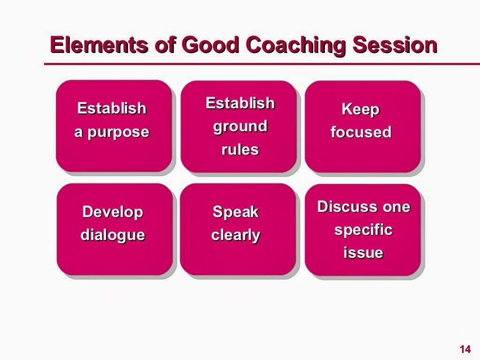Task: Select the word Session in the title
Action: coord(395,45)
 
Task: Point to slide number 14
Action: coord(465,349)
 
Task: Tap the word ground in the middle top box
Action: coord(240,126)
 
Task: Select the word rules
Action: coord(240,150)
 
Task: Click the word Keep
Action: coord(360,109)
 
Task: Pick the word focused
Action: coord(360,132)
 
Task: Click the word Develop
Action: coord(112,212)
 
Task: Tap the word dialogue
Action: coord(112,234)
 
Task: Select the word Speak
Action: coord(235,212)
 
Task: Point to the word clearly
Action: coord(235,234)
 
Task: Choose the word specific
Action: coord(363,230)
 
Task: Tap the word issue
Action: coord(363,253)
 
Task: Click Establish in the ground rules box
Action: coord(240,103)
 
